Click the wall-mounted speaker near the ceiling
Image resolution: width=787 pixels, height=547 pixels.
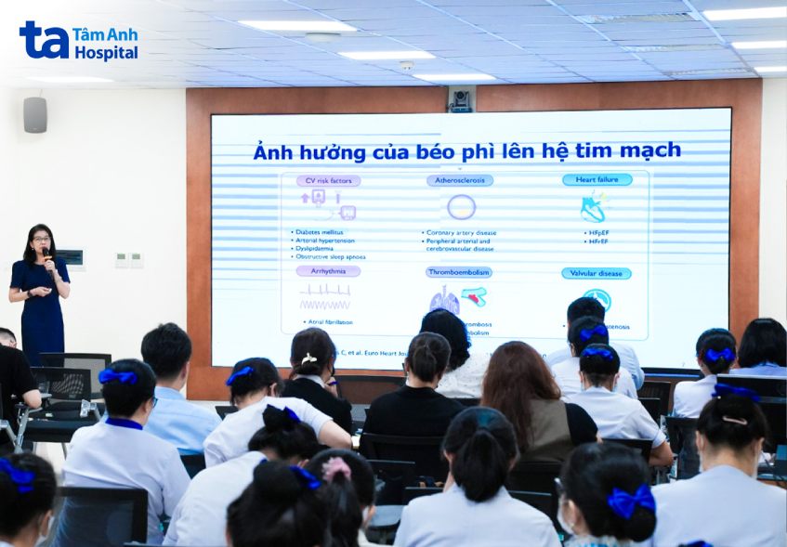[x=35, y=114]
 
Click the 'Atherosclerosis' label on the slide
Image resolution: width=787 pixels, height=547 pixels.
[x=459, y=180]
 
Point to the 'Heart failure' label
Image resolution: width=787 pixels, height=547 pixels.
[x=597, y=179]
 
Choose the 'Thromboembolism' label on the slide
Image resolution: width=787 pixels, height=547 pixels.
[x=459, y=272]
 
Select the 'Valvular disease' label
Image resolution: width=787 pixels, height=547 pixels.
[x=596, y=273]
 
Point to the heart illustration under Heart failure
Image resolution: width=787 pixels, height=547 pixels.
[x=593, y=208]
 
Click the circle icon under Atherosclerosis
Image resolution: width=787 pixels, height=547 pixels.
[x=461, y=206]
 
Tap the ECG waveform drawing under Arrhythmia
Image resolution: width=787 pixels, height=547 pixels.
[x=324, y=296]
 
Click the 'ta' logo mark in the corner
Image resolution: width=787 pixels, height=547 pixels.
[x=44, y=40]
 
